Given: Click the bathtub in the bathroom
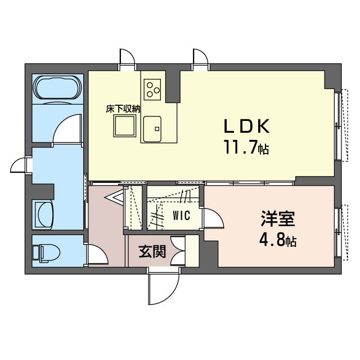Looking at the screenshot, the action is point(58,88).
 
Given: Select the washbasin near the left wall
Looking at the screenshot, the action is point(45,215).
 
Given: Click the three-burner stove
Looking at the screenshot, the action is point(152,89).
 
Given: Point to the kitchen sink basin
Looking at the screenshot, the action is point(152,129).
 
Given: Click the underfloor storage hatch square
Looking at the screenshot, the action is point(125,126).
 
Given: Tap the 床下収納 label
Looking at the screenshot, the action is point(123,109).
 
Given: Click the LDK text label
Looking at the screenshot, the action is point(246,126).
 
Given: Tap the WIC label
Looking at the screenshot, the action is point(182,215).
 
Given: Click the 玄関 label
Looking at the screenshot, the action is point(152,251).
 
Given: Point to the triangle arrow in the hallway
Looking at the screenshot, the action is point(114,197).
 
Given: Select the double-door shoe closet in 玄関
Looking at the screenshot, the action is point(178,251).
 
